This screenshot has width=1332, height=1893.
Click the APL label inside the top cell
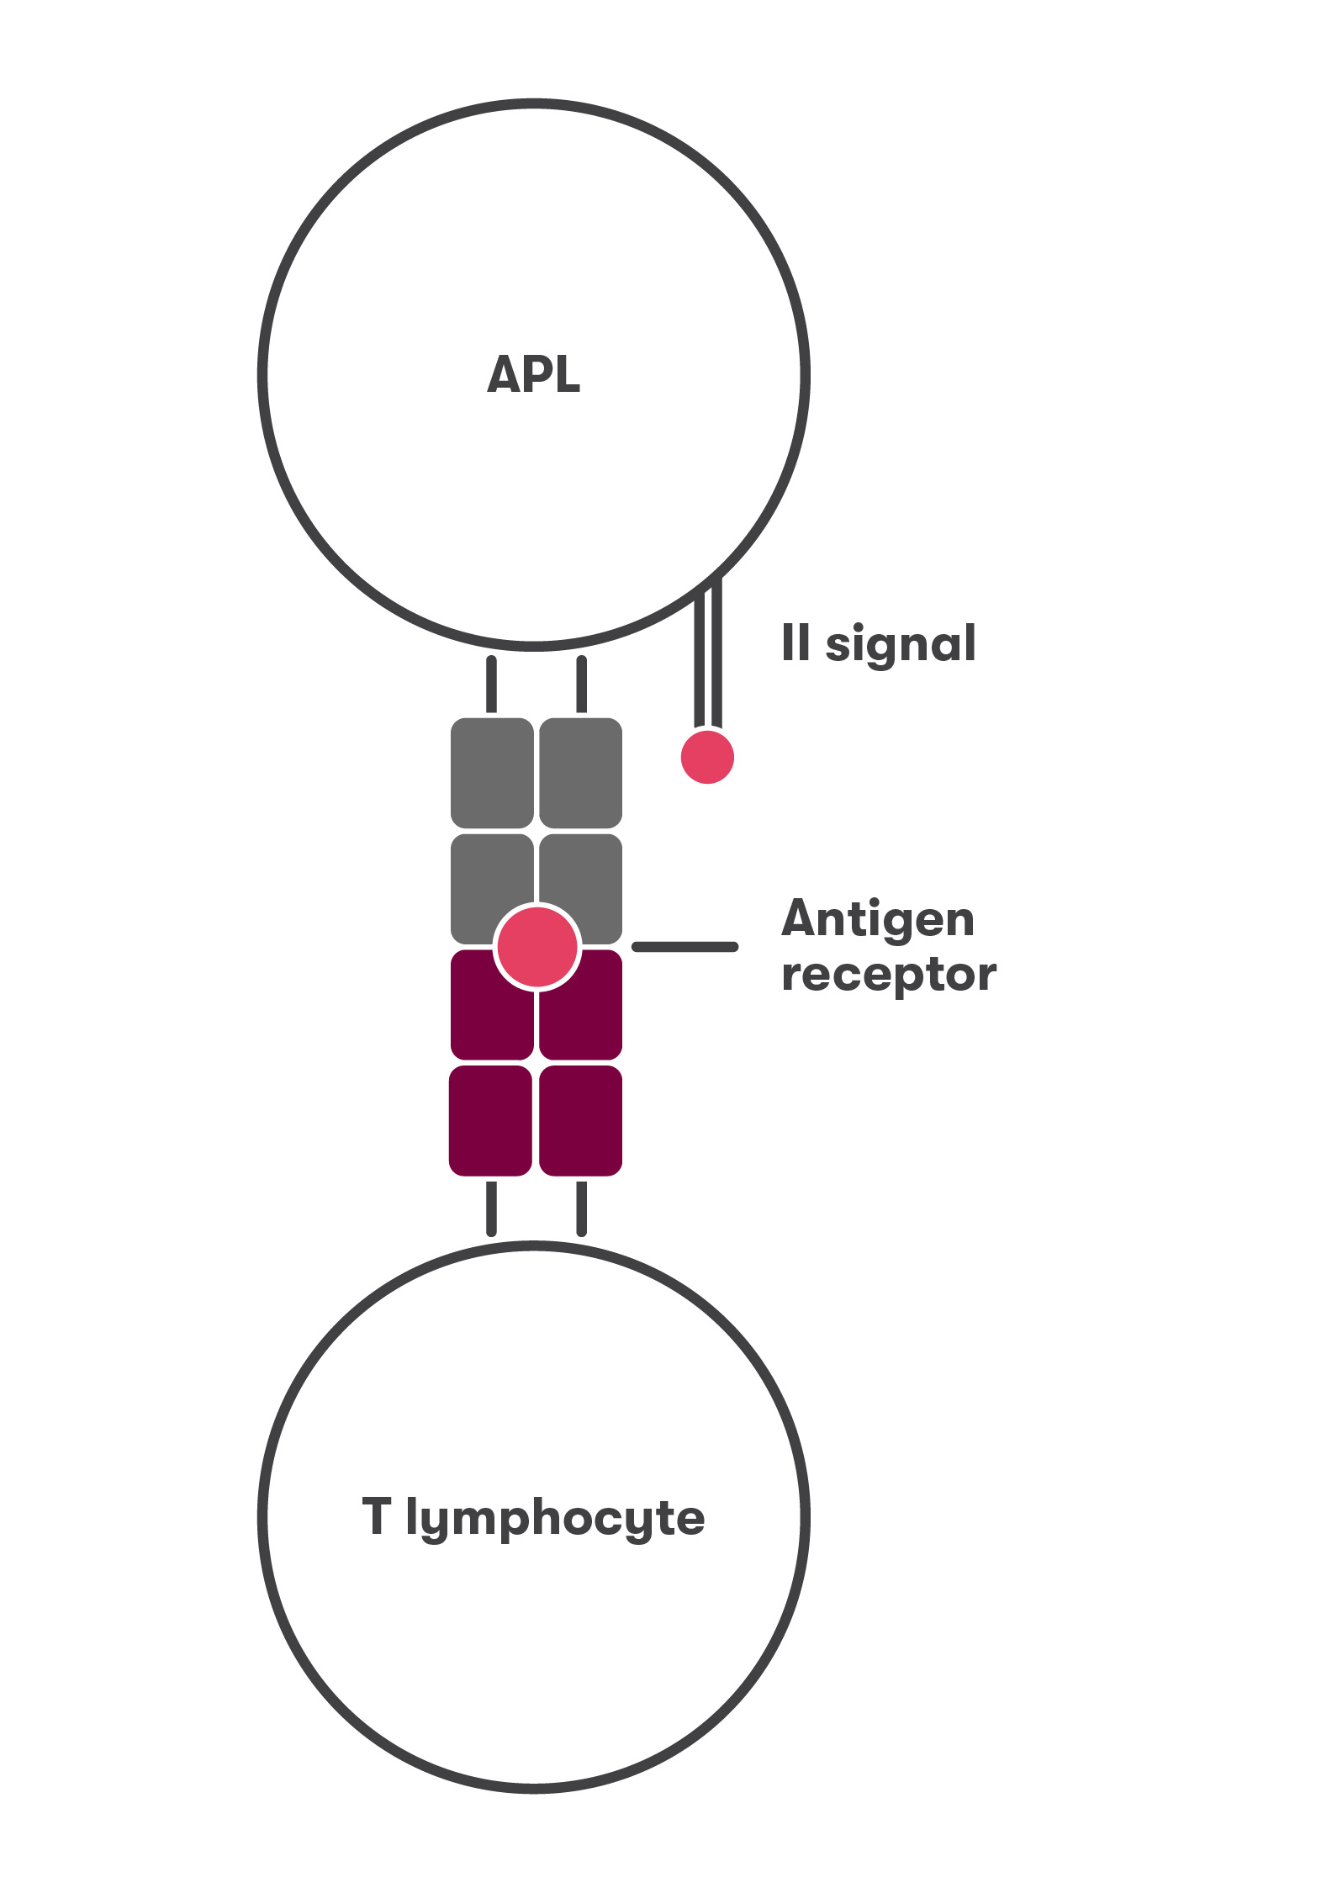coord(533,374)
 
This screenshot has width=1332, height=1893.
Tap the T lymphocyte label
coord(533,1518)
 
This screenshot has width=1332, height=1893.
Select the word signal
coord(901,645)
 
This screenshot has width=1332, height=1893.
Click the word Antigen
coord(878,918)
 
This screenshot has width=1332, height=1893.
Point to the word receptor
coord(888,975)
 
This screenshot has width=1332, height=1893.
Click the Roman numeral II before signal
coord(795,642)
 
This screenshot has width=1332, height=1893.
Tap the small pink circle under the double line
coord(707,757)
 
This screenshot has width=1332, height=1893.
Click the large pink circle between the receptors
coord(536,946)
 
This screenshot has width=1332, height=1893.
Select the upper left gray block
coord(492,773)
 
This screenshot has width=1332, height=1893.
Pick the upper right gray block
coord(581,773)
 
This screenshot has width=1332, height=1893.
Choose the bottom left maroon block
coord(490,1121)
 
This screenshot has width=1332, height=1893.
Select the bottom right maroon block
coord(581,1121)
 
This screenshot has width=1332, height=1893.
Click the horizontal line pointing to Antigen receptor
coord(685,947)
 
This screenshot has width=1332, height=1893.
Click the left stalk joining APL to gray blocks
coord(491,684)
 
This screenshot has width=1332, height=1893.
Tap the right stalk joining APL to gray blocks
coord(581,684)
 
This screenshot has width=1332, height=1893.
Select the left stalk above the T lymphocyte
coord(491,1209)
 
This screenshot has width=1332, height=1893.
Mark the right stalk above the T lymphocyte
coord(581,1209)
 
